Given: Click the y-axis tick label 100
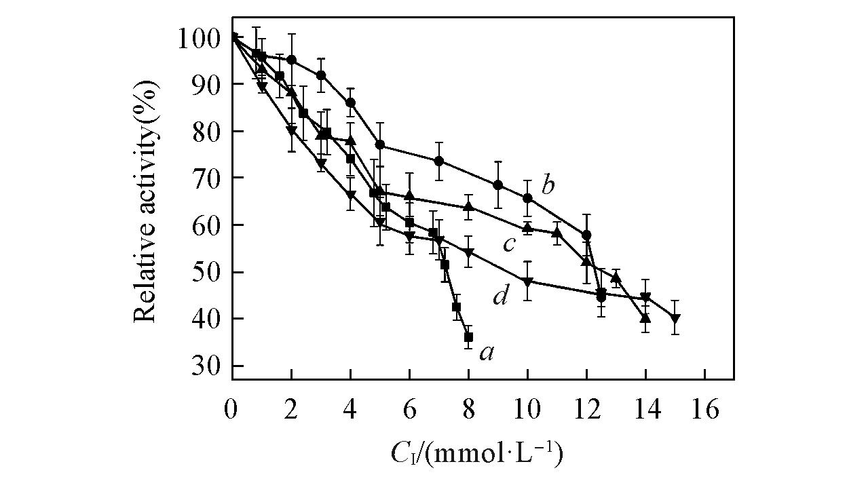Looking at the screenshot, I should [198, 38].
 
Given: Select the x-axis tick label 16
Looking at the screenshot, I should [704, 412].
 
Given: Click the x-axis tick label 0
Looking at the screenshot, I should [232, 412].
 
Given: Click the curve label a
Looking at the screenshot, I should [486, 352].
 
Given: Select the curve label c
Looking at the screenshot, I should [509, 244].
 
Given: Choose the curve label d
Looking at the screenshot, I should [501, 296].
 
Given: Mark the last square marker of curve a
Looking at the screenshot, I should [468, 337].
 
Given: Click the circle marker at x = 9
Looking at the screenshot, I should [498, 185].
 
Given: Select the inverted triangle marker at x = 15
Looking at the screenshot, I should [675, 319].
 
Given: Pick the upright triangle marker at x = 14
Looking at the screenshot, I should [645, 318].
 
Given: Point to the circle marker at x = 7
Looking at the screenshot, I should [439, 161].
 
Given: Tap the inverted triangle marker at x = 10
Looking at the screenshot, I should [527, 282].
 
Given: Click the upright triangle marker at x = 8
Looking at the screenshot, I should [468, 206].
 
